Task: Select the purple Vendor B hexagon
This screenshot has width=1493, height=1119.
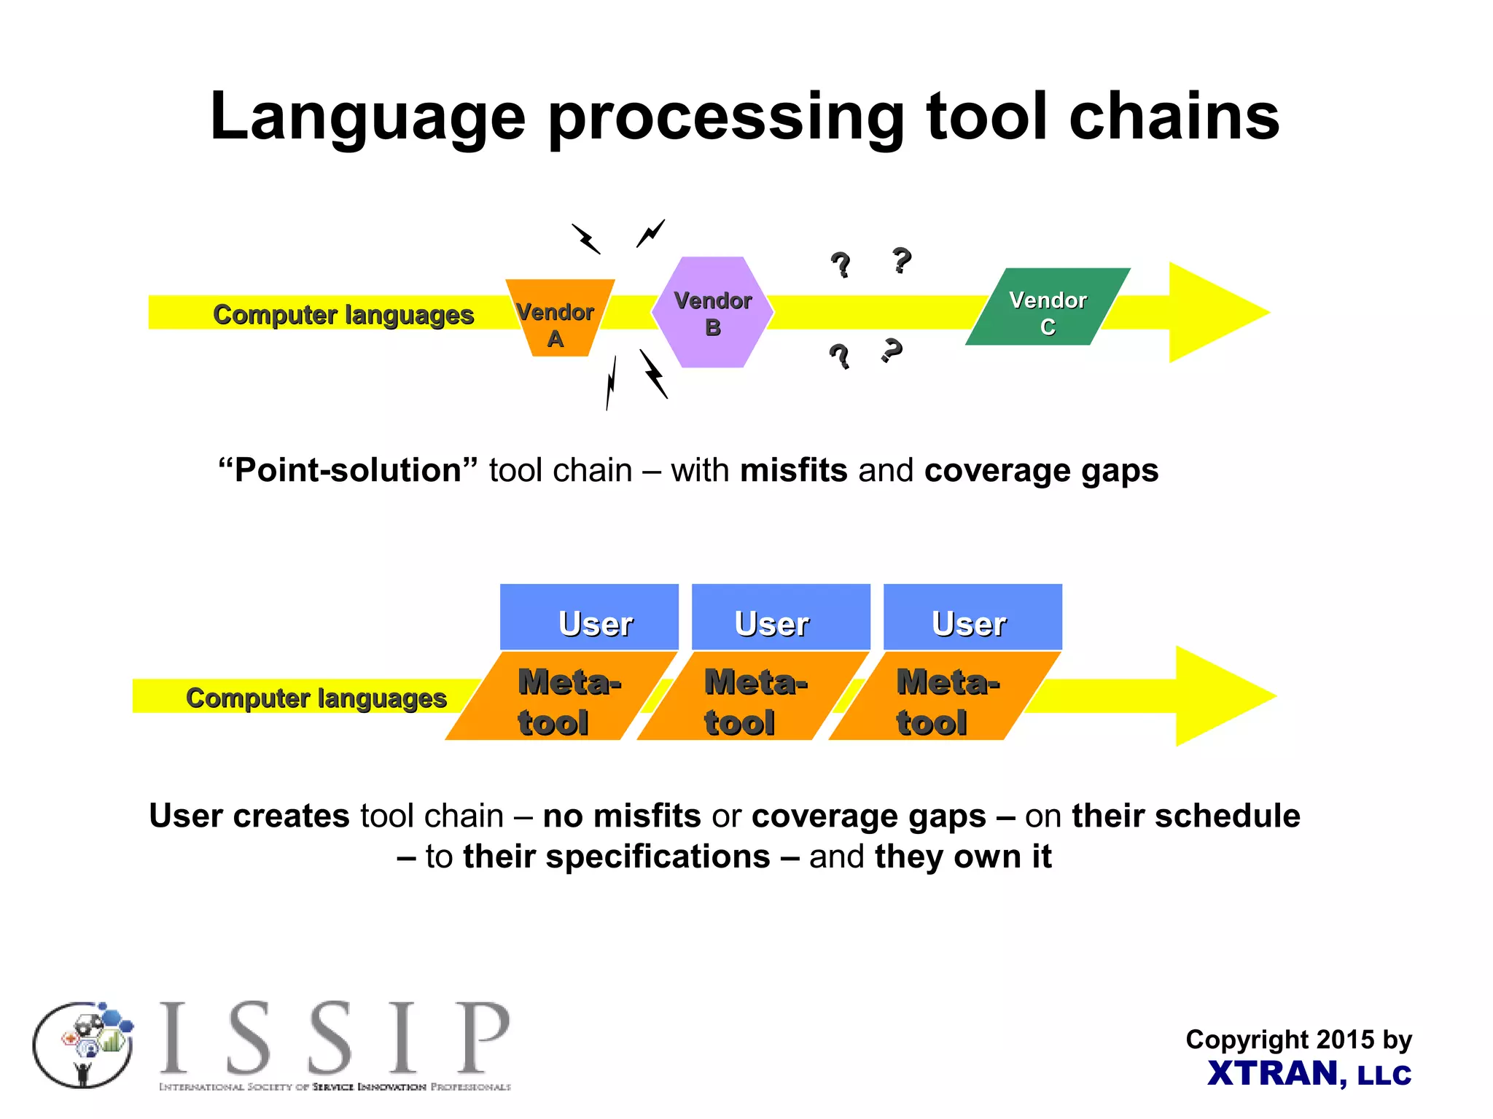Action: (712, 313)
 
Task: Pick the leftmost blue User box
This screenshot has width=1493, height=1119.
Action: (589, 617)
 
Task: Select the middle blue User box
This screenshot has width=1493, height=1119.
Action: (780, 617)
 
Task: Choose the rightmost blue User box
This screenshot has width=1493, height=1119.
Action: (972, 617)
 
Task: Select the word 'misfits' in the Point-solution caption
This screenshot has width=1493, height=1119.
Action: (793, 470)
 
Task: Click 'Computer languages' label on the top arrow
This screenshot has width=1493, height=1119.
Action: (343, 315)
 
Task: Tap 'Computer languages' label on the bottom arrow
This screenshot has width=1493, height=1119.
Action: (316, 698)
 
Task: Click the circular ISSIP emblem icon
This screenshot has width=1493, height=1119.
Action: (83, 1045)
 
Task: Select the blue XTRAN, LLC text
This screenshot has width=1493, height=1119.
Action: (1309, 1074)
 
